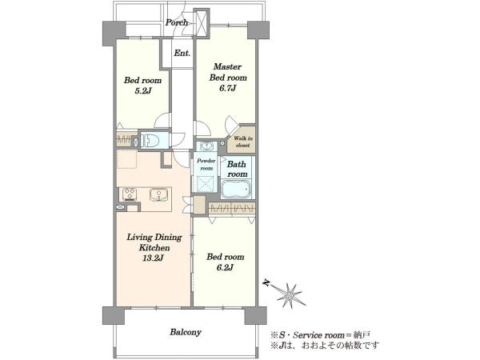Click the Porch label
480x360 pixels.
click(177, 22)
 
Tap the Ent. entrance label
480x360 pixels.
click(182, 53)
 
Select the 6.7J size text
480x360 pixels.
click(227, 89)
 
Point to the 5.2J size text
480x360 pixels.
click(143, 91)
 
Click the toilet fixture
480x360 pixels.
click(150, 141)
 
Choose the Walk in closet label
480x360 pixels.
click(243, 142)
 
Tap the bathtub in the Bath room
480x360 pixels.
click(236, 189)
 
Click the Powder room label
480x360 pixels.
click(206, 164)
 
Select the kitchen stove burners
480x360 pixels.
click(130, 194)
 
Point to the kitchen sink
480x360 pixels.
click(158, 194)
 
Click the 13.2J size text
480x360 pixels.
click(153, 258)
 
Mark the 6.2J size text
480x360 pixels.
click(225, 267)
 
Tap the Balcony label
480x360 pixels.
click(186, 332)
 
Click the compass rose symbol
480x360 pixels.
click(289, 295)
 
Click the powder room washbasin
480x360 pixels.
click(207, 146)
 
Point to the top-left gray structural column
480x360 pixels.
click(114, 33)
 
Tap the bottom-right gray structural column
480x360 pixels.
click(256, 316)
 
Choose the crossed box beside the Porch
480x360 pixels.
click(202, 22)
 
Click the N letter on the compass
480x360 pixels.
click(267, 283)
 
